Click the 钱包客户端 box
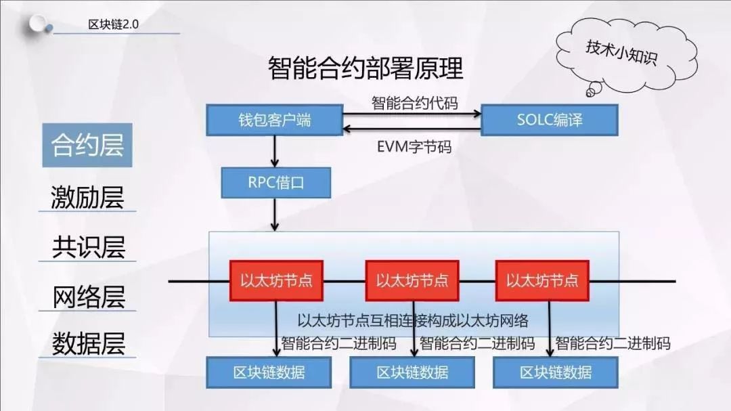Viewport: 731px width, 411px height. pyautogui.click(x=275, y=121)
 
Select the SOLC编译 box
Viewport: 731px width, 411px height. pyautogui.click(x=550, y=121)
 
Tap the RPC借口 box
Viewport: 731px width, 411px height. pyautogui.click(x=276, y=183)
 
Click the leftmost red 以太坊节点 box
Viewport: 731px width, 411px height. pyautogui.click(x=276, y=280)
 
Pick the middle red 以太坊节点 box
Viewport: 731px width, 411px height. pyautogui.click(x=412, y=280)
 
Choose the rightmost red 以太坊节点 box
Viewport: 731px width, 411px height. pyautogui.click(x=542, y=280)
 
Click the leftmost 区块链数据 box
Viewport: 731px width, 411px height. pyautogui.click(x=269, y=372)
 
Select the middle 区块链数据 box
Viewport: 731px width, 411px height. pyautogui.click(x=413, y=372)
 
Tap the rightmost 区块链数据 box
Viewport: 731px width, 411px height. pyautogui.click(x=556, y=372)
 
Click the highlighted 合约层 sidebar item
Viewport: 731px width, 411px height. pyautogui.click(x=87, y=145)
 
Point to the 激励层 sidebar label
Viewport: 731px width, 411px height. pyautogui.click(x=87, y=197)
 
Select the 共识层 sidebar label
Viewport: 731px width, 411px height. pyautogui.click(x=88, y=246)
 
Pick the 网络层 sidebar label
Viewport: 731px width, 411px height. pyautogui.click(x=88, y=297)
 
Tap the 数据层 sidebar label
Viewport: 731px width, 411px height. pyautogui.click(x=88, y=344)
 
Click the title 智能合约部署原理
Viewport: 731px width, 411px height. pyautogui.click(x=365, y=68)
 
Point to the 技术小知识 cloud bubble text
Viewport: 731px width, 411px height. pyautogui.click(x=621, y=53)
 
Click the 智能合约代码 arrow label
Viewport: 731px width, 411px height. pyautogui.click(x=414, y=103)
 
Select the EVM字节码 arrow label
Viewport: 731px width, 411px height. pyautogui.click(x=414, y=147)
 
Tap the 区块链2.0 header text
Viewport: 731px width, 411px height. pyautogui.click(x=113, y=24)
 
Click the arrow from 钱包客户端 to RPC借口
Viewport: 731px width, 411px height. pyautogui.click(x=275, y=152)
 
